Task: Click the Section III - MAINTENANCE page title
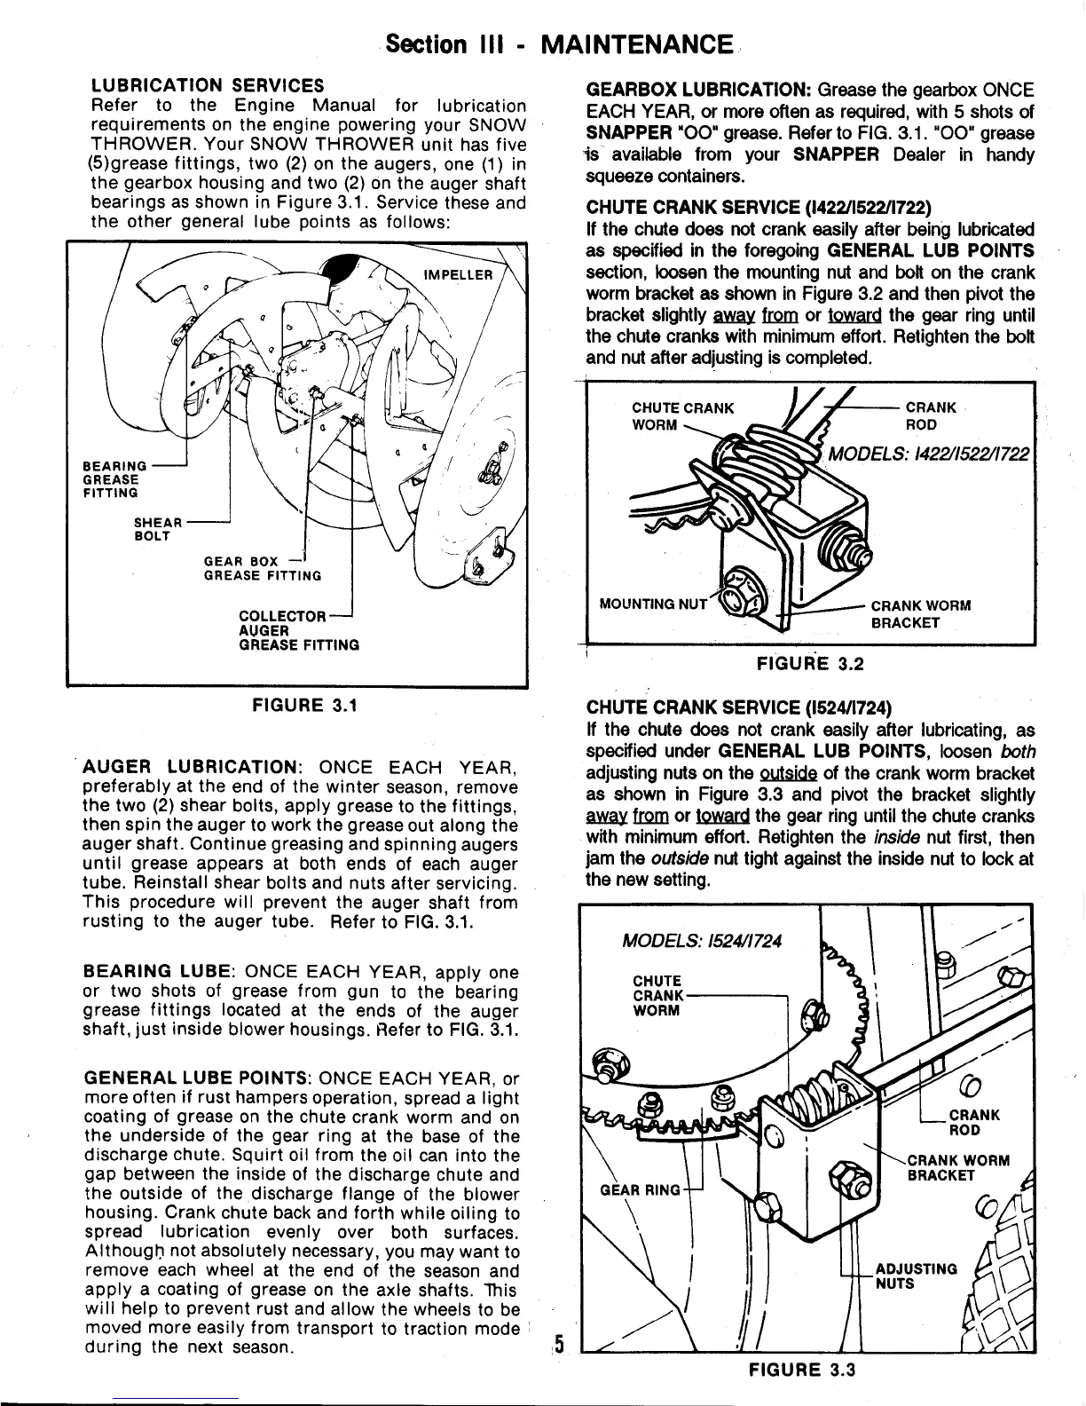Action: pyautogui.click(x=557, y=43)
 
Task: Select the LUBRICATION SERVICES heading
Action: pyautogui.click(x=208, y=86)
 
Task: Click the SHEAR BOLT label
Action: pyautogui.click(x=158, y=529)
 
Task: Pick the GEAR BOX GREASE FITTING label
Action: pyautogui.click(x=263, y=568)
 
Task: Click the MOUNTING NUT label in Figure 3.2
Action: pyautogui.click(x=654, y=604)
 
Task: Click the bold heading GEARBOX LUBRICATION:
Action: pyautogui.click(x=696, y=91)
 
